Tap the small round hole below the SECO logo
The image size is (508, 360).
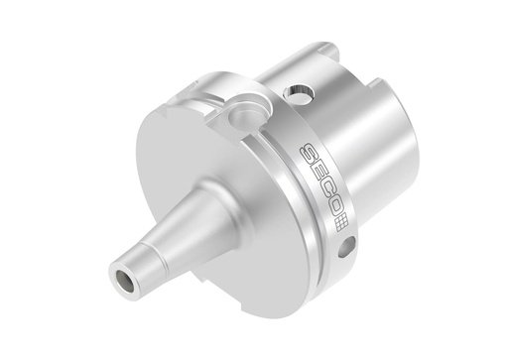point(348,246)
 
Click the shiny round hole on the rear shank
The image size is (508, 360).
point(298,92)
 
